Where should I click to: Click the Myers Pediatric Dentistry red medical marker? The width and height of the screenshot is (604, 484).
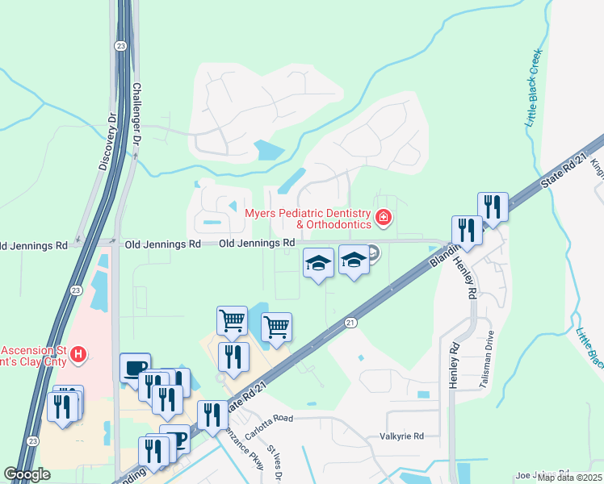(x=384, y=217)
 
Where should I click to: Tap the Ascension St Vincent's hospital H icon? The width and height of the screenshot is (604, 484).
(x=78, y=353)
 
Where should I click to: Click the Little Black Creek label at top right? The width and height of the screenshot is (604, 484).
(x=533, y=88)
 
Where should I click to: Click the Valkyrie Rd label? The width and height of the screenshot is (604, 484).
(x=401, y=436)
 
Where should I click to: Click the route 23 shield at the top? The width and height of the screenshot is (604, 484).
(x=120, y=46)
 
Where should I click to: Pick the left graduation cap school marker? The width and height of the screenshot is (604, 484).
(x=318, y=262)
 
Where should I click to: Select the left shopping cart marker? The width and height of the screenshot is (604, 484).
(x=233, y=319)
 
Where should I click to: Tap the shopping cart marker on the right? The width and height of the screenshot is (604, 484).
(x=277, y=326)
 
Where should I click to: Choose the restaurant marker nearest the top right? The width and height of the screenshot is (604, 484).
(x=492, y=207)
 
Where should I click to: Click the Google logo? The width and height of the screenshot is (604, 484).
(x=27, y=474)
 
